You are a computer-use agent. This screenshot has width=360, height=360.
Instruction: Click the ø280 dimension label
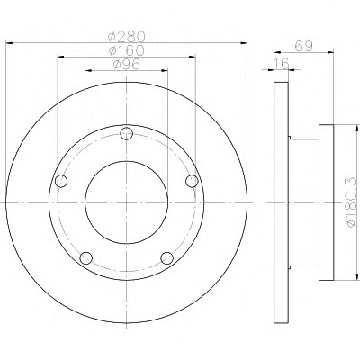click(x=127, y=37)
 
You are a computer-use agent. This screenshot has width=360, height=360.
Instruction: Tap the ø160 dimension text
click(x=127, y=50)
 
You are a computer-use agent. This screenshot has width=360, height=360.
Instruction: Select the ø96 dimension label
click(x=127, y=64)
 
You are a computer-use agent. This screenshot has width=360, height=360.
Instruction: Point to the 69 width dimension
click(x=304, y=46)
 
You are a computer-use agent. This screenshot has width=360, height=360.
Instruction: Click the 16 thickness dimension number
click(x=282, y=64)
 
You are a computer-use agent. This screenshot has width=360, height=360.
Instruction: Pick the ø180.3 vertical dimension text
click(x=353, y=202)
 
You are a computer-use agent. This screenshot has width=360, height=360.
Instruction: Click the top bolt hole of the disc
click(x=127, y=133)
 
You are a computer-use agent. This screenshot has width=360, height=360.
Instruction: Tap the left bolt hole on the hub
click(x=61, y=181)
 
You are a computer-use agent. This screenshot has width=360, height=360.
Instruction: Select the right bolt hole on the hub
click(x=192, y=181)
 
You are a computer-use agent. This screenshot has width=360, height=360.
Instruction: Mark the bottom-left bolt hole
click(x=86, y=258)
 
